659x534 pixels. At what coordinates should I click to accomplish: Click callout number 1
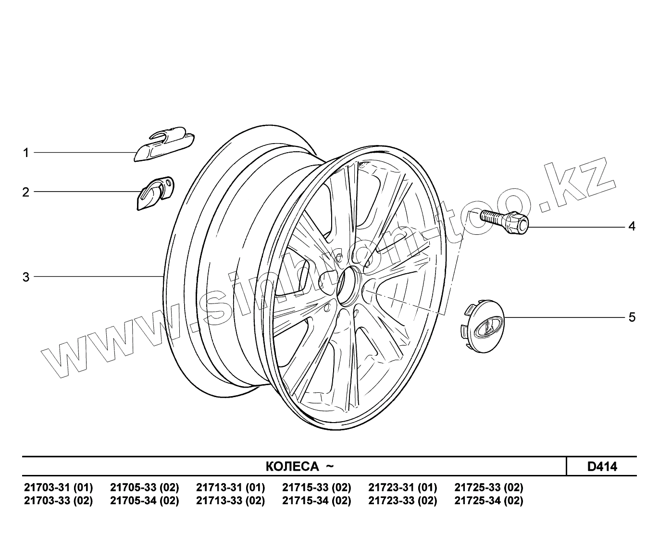click(x=26, y=153)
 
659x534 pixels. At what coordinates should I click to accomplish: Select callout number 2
click(x=25, y=192)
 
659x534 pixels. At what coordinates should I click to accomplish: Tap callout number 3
click(x=26, y=277)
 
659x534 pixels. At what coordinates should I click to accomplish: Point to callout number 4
click(x=632, y=227)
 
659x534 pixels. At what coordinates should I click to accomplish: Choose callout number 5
click(x=632, y=317)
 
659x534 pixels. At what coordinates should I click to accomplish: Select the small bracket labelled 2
click(x=155, y=194)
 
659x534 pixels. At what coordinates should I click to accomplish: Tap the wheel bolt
click(x=504, y=222)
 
